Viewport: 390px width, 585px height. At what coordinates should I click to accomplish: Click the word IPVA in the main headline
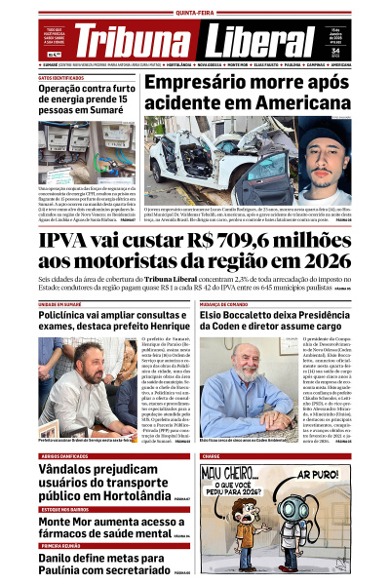pyautogui.click(x=68, y=239)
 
